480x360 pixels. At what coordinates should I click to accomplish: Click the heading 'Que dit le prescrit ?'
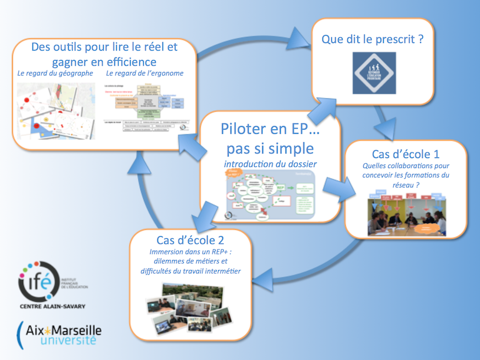coord(372,39)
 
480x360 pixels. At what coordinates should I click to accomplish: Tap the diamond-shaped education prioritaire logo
coord(373,74)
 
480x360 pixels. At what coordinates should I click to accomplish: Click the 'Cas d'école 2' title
coord(191,240)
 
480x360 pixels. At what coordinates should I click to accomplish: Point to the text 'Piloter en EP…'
coord(271,129)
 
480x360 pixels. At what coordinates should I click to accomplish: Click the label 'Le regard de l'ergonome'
coord(145,74)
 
